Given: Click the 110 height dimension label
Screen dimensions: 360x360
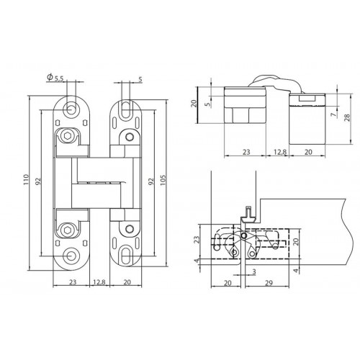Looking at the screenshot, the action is pyautogui.click(x=26, y=179).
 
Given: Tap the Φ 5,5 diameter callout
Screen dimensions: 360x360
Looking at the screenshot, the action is pyautogui.click(x=55, y=77).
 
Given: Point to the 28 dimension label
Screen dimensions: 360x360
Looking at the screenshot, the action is pyautogui.click(x=347, y=117).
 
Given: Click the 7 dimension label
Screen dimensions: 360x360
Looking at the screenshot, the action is pyautogui.click(x=333, y=115).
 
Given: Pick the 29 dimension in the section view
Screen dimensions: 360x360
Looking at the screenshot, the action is pyautogui.click(x=269, y=283).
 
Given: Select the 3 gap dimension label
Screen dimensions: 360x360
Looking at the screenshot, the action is pyautogui.click(x=254, y=271).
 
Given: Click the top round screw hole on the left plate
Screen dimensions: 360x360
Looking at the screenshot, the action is pyautogui.click(x=70, y=109).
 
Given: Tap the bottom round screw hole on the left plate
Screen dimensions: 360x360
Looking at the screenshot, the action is pyautogui.click(x=70, y=256).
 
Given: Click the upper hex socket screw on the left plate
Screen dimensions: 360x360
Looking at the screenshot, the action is pyautogui.click(x=67, y=136).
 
